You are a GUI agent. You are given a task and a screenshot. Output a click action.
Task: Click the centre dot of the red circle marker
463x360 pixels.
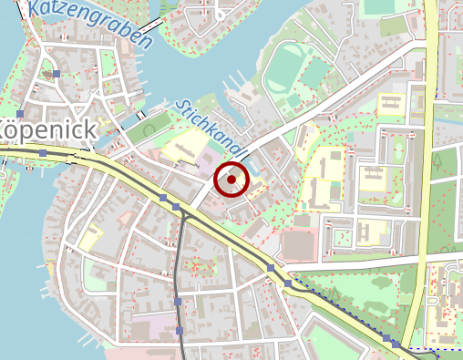click(x=231, y=180)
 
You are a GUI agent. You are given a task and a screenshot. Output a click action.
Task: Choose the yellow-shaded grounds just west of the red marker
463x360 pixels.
click(x=187, y=146)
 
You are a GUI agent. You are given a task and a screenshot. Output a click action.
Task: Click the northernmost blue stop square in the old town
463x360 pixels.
click(x=57, y=73)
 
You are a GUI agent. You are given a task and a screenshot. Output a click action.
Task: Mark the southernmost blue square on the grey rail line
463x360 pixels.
click(x=180, y=331)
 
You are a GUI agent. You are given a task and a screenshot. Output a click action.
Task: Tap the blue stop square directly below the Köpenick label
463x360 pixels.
click(x=43, y=154)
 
